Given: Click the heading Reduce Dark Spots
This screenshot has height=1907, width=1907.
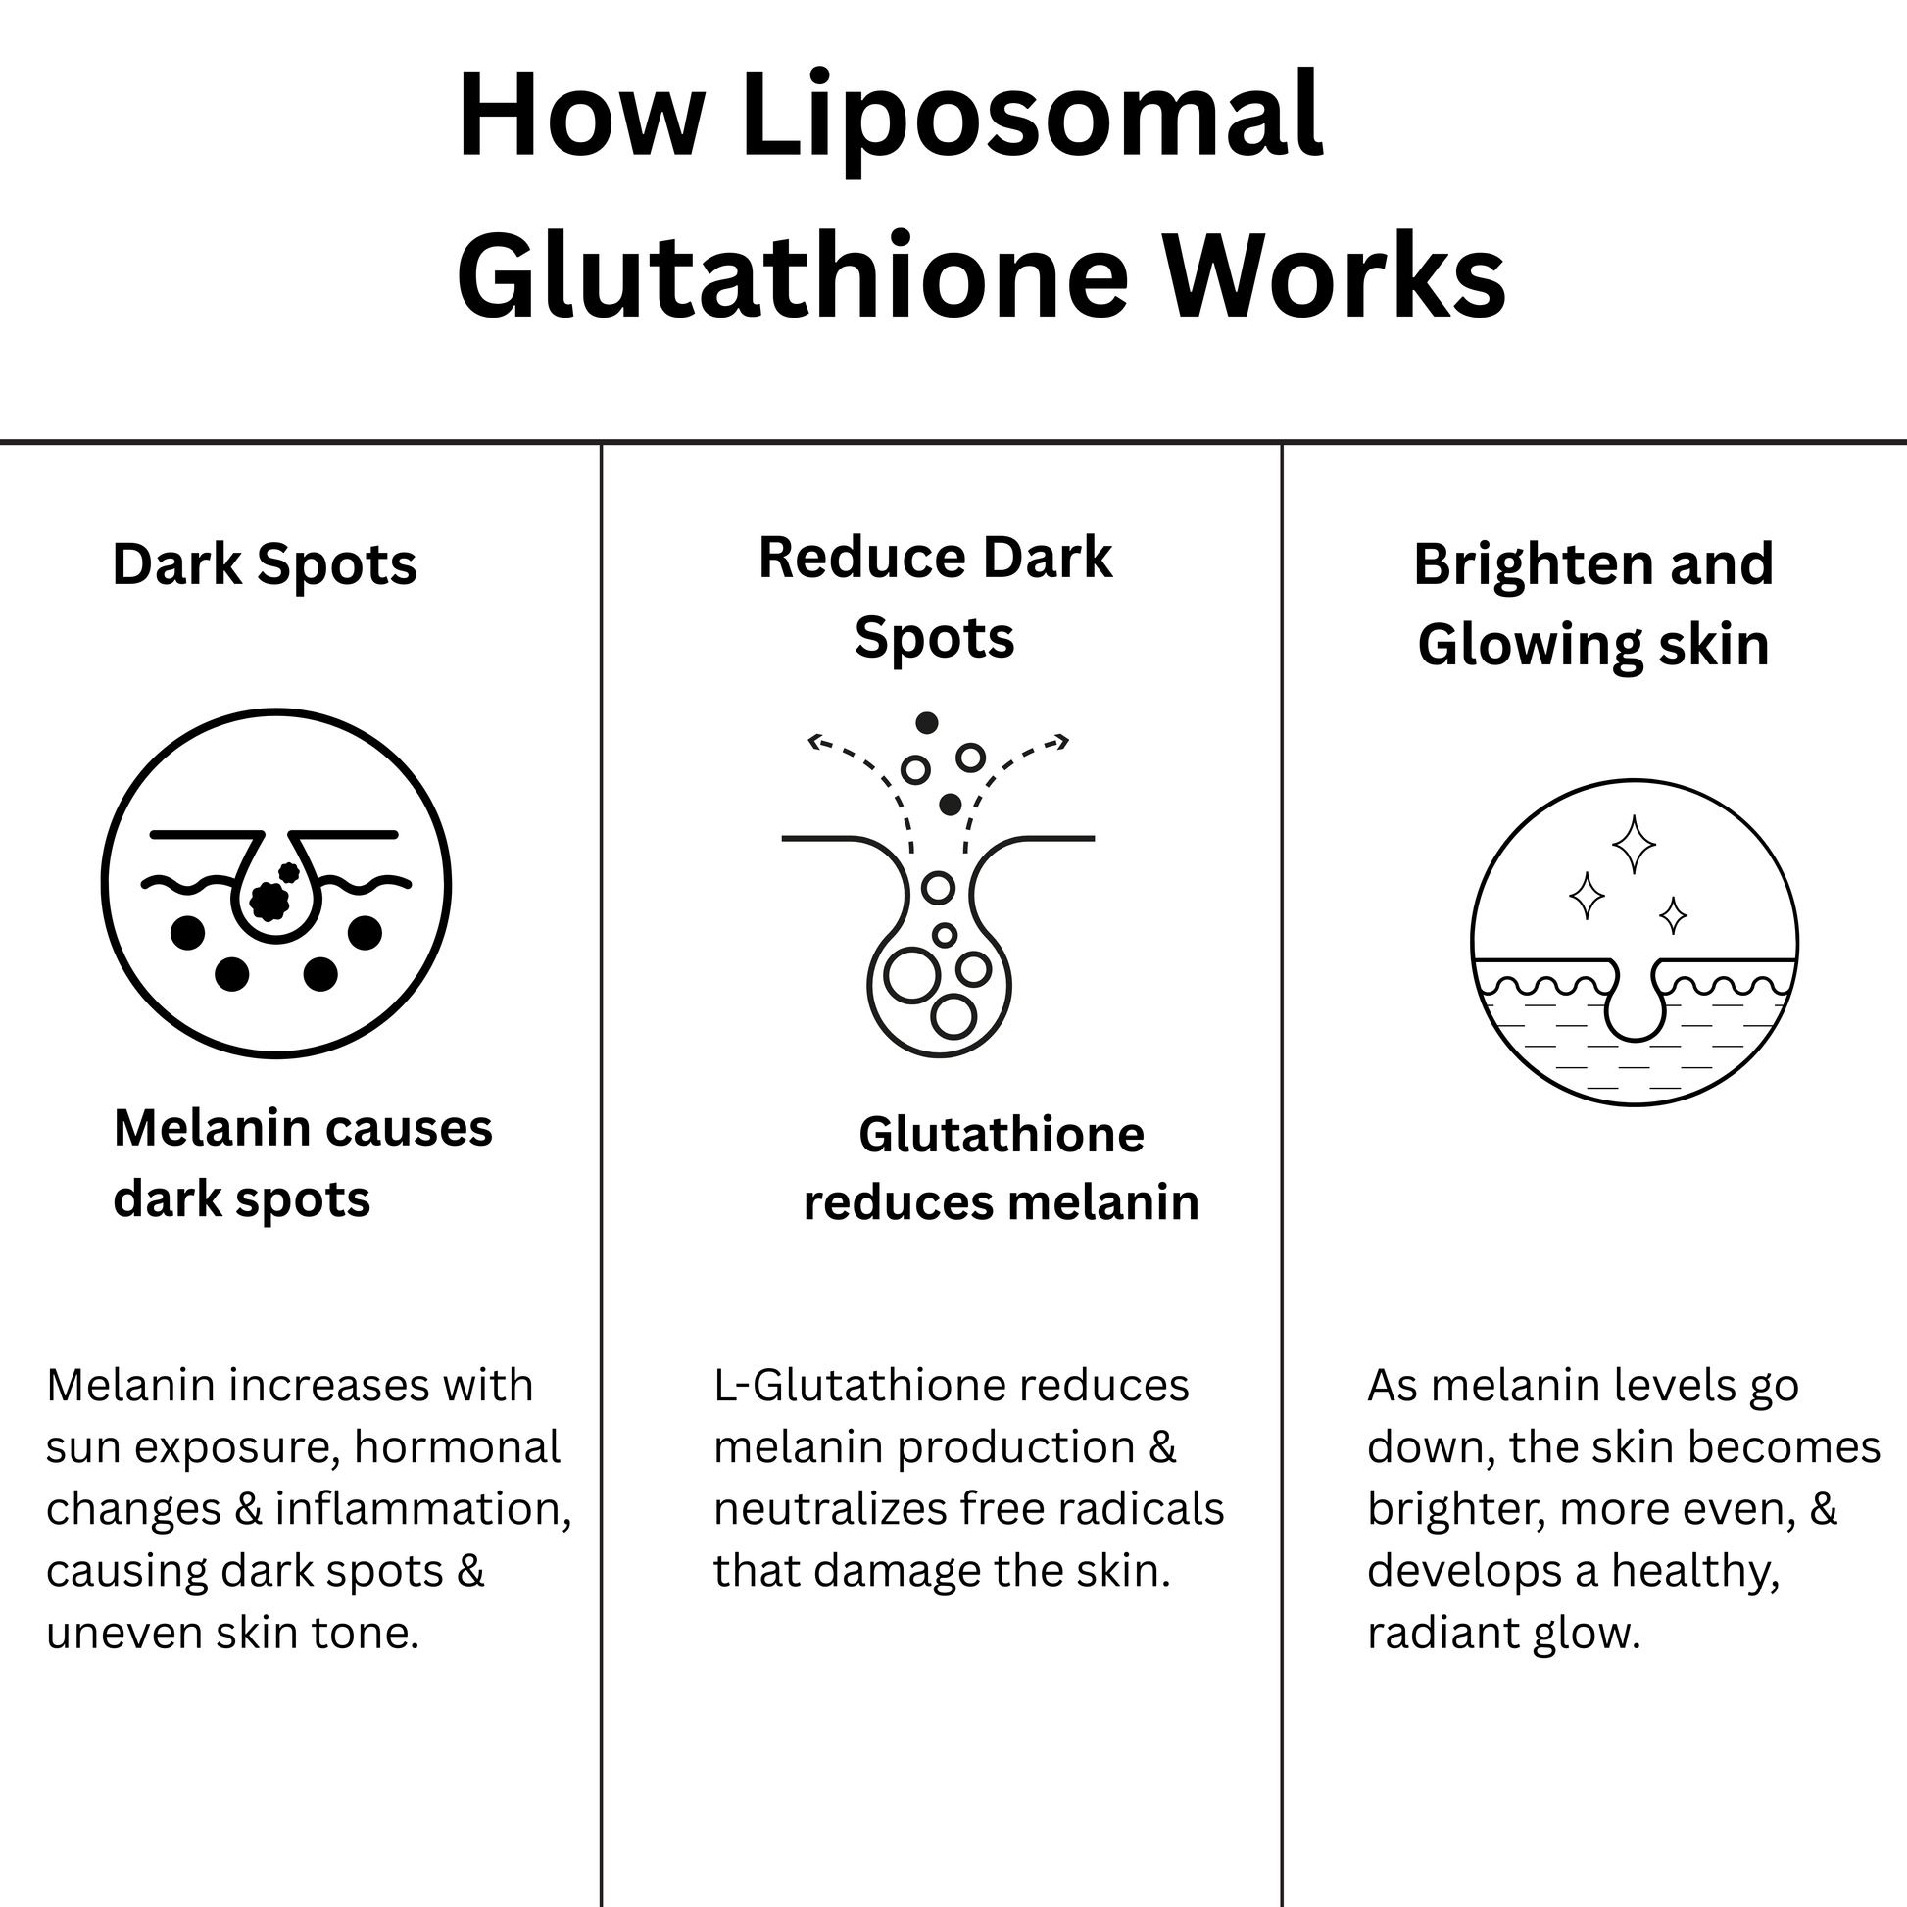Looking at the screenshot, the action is click(x=935, y=598).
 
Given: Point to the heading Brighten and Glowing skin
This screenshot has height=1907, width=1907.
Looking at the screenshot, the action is click(x=1593, y=604).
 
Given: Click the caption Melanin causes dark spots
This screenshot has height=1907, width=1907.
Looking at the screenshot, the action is click(x=303, y=1164).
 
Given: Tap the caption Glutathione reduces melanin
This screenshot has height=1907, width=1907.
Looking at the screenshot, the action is click(x=1001, y=1169).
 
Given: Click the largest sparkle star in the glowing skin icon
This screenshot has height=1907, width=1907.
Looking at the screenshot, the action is click(x=1634, y=845).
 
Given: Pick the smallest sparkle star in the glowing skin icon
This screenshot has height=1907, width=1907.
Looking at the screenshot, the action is click(x=1673, y=915).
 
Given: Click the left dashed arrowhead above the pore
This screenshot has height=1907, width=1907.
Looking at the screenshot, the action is click(x=814, y=740).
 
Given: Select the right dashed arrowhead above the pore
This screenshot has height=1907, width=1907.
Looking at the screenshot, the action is click(x=1062, y=740).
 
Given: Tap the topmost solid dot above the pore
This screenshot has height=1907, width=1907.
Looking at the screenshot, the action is click(x=926, y=723).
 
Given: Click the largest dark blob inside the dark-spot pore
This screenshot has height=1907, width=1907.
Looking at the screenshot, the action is click(x=269, y=901).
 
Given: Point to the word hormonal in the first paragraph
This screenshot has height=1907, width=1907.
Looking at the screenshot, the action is click(x=457, y=1448).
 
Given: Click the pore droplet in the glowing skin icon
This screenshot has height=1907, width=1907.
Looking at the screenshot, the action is click(x=1635, y=999).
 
